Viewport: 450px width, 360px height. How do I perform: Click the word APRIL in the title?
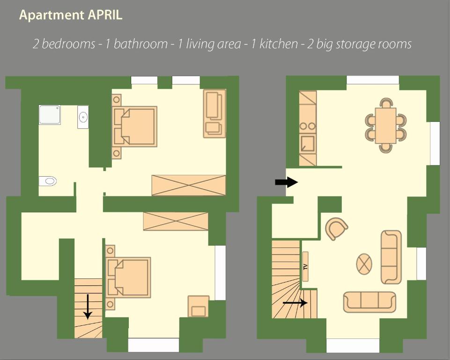105,15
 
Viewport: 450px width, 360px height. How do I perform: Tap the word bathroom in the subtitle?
140,44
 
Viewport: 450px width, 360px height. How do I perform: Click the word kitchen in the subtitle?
279,44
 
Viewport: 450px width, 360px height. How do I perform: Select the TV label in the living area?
305,267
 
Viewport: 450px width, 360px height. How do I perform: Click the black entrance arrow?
287,182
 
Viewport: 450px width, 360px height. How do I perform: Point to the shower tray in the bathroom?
50,115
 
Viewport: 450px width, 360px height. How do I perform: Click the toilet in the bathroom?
48,181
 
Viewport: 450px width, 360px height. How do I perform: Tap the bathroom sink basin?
83,117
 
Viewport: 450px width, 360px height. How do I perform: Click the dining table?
386,125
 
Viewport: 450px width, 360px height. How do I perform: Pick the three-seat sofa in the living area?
369,302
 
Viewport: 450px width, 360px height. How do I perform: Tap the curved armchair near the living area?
336,228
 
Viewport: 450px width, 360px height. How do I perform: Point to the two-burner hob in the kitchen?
308,126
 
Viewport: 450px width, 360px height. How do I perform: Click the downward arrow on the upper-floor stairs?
88,307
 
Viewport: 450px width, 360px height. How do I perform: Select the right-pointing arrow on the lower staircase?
295,302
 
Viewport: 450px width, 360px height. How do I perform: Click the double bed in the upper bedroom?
135,127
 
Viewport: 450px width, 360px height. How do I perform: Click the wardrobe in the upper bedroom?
189,185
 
